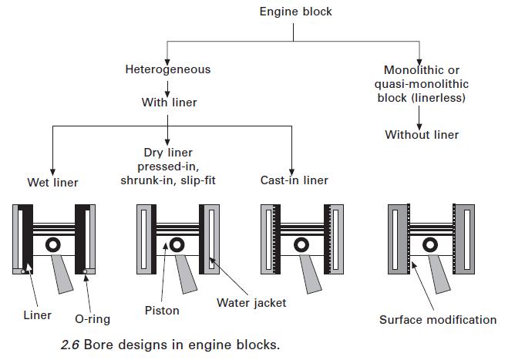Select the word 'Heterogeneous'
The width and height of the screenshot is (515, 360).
click(167, 69)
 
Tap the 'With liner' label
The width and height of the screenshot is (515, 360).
click(169, 102)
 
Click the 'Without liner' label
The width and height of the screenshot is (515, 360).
click(422, 135)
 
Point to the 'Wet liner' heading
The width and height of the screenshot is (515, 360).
click(52, 183)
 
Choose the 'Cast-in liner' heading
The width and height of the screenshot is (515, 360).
click(294, 180)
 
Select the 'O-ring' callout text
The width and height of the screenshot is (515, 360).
click(93, 318)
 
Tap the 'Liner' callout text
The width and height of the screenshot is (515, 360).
click(37, 315)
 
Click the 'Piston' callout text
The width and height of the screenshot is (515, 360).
click(162, 311)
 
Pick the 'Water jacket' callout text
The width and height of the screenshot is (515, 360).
click(251, 303)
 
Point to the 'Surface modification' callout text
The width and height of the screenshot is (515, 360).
click(438, 319)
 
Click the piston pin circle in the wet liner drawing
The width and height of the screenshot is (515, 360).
click(53, 245)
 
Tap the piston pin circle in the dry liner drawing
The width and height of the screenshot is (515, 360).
click(177, 245)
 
